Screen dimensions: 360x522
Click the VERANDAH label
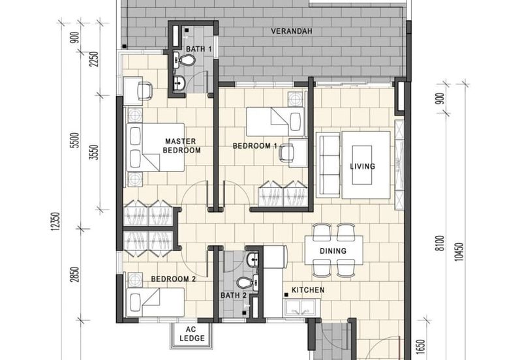pos(290,31)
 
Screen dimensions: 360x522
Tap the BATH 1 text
pos(199,49)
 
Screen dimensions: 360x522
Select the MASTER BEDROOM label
pos(182,145)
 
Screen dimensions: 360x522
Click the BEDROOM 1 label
pos(256,146)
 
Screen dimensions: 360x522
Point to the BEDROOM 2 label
pos(174,279)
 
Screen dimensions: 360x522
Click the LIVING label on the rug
pos(362,166)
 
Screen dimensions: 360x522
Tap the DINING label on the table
pos(333,251)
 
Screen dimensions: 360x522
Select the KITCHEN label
pos(308,290)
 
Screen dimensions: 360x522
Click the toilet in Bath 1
pos(187,61)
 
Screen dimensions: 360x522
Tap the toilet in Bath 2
pos(243,283)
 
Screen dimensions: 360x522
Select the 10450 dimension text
pos(460,248)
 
